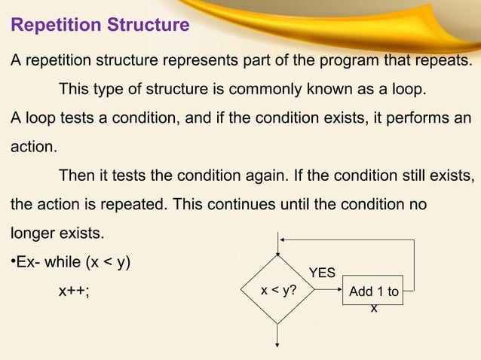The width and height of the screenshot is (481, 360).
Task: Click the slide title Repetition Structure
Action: [99, 26]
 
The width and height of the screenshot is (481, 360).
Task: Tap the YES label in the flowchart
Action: [322, 273]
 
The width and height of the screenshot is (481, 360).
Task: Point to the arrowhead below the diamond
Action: [279, 344]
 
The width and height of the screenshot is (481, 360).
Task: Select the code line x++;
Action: [74, 291]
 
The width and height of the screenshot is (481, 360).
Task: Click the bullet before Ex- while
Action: [12, 263]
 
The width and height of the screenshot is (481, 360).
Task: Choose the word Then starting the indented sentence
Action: [77, 176]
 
